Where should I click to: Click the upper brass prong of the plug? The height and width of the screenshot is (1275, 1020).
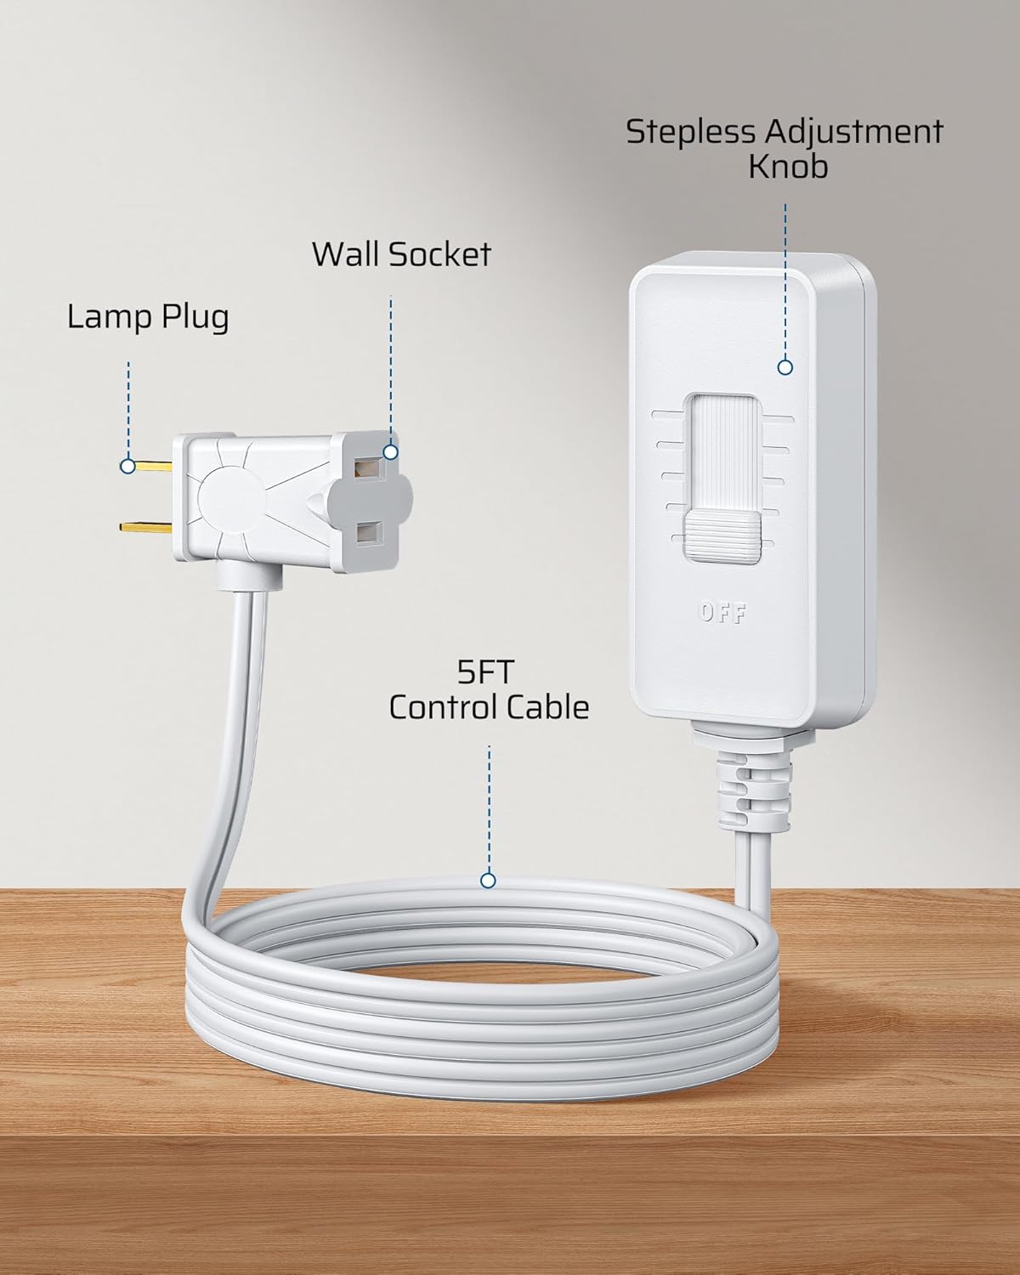151,466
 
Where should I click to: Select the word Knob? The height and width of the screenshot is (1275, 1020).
787,167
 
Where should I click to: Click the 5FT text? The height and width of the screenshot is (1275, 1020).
488,674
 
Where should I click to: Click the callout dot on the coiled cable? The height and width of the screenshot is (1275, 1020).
488,881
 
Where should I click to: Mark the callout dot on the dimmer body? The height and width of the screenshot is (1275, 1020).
785,367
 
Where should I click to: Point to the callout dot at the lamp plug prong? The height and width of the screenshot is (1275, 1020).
127,466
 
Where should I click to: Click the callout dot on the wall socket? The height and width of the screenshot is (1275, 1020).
390,452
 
